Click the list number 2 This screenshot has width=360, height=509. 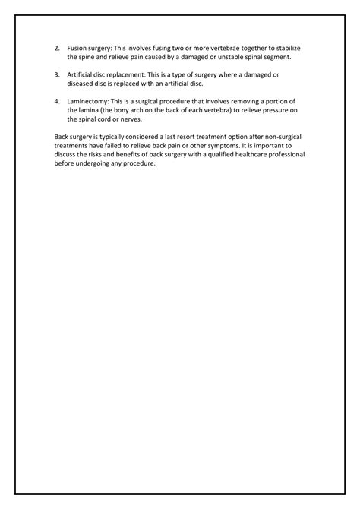pos(57,48)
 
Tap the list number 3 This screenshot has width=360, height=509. pos(57,74)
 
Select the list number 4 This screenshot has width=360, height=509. pos(57,101)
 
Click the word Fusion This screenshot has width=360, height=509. pos(79,48)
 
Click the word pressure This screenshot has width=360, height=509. pos(276,110)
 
